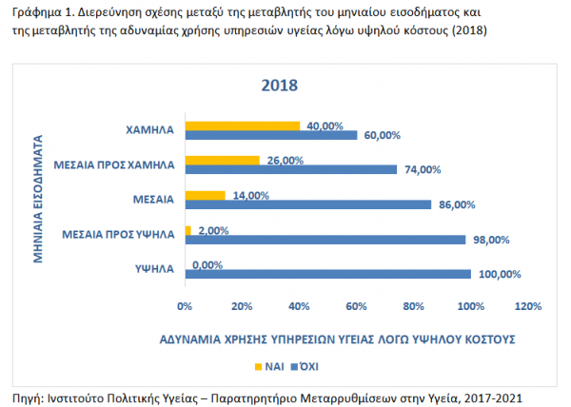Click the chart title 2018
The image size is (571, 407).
[x=280, y=85]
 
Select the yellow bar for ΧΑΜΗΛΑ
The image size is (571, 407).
[x=243, y=125]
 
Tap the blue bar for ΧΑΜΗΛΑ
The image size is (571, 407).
[x=271, y=135]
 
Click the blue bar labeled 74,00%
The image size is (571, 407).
[x=291, y=170]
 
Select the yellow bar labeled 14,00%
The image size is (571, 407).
[x=206, y=195]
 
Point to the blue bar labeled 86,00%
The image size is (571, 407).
[x=308, y=204]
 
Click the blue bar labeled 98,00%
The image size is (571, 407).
[x=325, y=240]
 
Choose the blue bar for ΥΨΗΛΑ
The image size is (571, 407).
[x=328, y=274]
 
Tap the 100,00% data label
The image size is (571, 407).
[x=500, y=275]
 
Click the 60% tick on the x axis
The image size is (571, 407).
[x=357, y=306]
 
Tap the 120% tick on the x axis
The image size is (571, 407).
[x=528, y=306]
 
